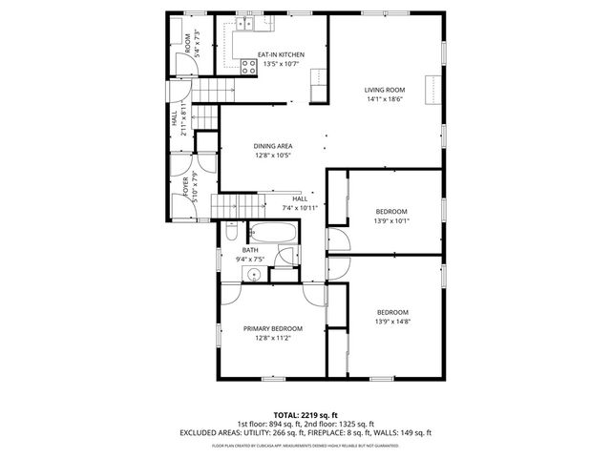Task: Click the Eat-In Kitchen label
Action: (x=281, y=54)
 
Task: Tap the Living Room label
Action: (x=385, y=90)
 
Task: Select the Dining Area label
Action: (x=273, y=146)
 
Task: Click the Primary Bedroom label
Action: (x=272, y=327)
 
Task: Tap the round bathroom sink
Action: (x=253, y=274)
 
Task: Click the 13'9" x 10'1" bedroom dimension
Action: (x=391, y=220)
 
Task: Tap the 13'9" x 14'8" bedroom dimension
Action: (x=391, y=322)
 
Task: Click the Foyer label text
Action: (x=186, y=187)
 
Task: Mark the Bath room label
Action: (x=250, y=250)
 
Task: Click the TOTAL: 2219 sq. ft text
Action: (x=305, y=416)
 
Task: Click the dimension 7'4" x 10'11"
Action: (x=300, y=207)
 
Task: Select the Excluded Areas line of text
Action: (x=305, y=432)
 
